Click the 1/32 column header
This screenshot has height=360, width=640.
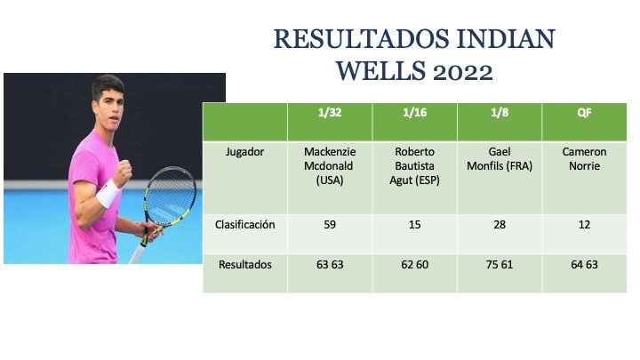click(330, 113)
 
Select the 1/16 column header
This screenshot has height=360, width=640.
click(415, 113)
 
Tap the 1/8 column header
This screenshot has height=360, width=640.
click(500, 113)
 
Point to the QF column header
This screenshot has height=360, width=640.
click(585, 113)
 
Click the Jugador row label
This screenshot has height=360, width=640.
click(245, 152)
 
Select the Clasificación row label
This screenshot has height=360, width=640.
click(245, 225)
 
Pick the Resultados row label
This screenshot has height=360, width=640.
click(245, 265)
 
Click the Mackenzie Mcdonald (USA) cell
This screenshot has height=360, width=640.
click(330, 166)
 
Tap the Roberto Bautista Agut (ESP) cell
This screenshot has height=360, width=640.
click(415, 166)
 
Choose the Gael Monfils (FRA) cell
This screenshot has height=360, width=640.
click(500, 159)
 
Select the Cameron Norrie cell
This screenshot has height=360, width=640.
click(585, 159)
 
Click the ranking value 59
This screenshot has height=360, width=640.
click(330, 225)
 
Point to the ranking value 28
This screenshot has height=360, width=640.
click(500, 225)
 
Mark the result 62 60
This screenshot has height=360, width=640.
click(415, 265)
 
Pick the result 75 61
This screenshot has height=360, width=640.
click(500, 265)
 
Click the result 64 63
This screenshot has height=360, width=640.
click(585, 265)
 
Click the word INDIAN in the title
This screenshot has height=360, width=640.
click(506, 39)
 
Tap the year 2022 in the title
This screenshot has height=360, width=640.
click(463, 72)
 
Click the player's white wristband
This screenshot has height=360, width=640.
click(108, 193)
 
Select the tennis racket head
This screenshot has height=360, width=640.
click(171, 196)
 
